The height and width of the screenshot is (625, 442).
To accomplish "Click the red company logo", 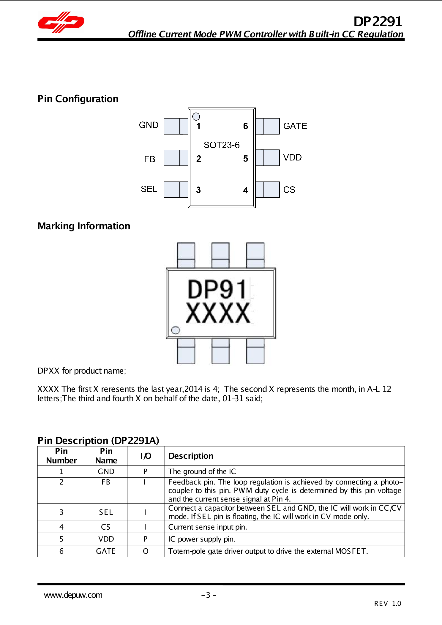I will tap(61, 22).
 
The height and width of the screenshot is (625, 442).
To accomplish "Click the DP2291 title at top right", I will tap(377, 21).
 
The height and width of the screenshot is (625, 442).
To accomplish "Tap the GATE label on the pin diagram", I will tap(295, 126).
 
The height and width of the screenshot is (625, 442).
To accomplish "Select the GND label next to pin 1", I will tap(149, 125).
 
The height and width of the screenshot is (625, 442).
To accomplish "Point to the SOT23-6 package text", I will tap(222, 145).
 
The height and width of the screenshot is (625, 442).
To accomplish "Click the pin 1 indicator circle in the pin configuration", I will tap(196, 116).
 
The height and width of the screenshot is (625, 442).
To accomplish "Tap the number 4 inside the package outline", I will tap(245, 190).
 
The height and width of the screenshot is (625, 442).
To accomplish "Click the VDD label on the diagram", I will tap(292, 157).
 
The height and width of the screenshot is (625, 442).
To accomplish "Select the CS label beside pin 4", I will tap(289, 190).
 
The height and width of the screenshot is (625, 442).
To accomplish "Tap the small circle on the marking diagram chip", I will tap(176, 330).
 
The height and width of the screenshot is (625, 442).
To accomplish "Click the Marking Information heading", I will tap(84, 226).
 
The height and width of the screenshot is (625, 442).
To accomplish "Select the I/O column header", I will tap(146, 456).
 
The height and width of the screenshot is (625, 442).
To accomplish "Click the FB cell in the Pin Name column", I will tap(106, 482).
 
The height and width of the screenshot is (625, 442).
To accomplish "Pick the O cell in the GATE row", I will tap(146, 551).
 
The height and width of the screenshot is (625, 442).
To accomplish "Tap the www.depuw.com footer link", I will tap(73, 595).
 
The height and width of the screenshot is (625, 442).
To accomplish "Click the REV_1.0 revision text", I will tap(388, 603).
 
